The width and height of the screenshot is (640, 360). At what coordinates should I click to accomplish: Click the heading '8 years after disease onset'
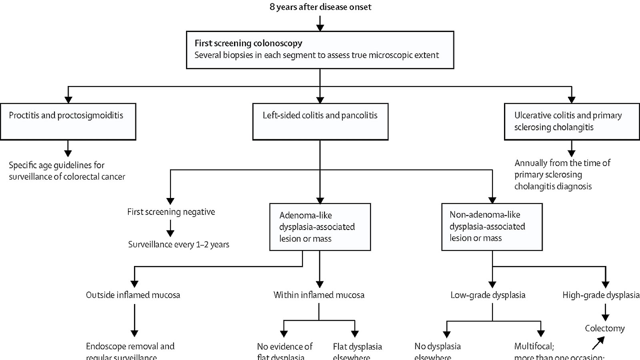(320, 7)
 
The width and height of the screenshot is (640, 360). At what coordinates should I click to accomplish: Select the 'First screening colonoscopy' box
(320, 50)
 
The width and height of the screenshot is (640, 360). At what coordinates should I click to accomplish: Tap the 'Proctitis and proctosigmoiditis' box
(68, 122)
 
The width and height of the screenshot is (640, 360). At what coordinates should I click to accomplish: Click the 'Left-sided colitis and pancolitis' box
(320, 122)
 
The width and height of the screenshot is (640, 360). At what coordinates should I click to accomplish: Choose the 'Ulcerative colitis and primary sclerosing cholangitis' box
(572, 122)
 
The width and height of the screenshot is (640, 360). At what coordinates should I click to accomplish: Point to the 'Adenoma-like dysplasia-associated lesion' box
(320, 227)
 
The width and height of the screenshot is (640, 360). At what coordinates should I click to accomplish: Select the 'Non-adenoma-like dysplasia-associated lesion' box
(492, 227)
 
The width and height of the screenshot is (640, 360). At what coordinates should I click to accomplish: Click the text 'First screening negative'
(171, 212)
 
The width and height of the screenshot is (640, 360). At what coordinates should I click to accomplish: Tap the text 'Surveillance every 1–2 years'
(178, 244)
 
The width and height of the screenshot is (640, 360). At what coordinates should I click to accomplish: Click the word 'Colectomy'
(604, 328)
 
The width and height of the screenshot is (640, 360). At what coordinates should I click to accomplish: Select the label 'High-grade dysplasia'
(601, 295)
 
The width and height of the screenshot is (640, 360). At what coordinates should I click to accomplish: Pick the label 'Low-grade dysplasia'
(488, 295)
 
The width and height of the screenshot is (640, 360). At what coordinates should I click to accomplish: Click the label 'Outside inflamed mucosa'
(133, 295)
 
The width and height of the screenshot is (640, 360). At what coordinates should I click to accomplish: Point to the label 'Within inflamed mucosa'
(319, 295)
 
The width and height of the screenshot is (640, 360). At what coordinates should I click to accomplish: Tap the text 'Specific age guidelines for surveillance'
(67, 171)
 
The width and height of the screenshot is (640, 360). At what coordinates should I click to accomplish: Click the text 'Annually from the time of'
(562, 163)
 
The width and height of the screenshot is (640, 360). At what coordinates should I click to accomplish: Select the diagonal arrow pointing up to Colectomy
(598, 343)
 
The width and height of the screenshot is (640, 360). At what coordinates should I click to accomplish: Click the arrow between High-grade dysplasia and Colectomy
(605, 312)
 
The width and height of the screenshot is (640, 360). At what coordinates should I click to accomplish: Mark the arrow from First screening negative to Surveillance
(170, 228)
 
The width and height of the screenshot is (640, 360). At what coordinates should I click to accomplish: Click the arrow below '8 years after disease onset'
(320, 23)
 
